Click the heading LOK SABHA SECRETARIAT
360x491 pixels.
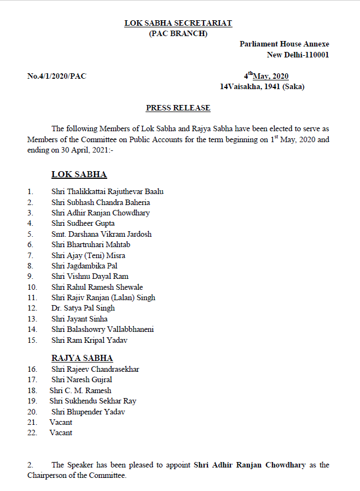(178, 23)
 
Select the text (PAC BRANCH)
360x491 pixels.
(178, 33)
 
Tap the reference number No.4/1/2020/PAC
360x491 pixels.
(57, 76)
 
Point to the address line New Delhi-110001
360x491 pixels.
(298, 55)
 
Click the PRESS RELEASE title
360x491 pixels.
(178, 108)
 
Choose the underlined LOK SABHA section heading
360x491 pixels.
(79, 174)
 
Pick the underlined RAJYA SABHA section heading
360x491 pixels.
(82, 358)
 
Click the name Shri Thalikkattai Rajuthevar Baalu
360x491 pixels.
(107, 191)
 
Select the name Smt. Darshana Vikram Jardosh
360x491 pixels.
(101, 234)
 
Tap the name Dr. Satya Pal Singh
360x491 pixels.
(83, 308)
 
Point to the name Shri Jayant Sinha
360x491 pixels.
(79, 319)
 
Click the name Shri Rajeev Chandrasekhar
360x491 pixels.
(95, 369)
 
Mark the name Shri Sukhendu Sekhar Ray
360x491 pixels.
(92, 401)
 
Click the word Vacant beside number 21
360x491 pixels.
(61, 422)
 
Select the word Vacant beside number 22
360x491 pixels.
(61, 432)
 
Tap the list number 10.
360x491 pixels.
(32, 287)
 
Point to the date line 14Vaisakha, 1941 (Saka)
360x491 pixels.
(262, 86)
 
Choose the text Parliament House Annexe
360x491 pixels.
(284, 44)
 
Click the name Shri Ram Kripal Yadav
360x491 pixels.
(89, 340)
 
